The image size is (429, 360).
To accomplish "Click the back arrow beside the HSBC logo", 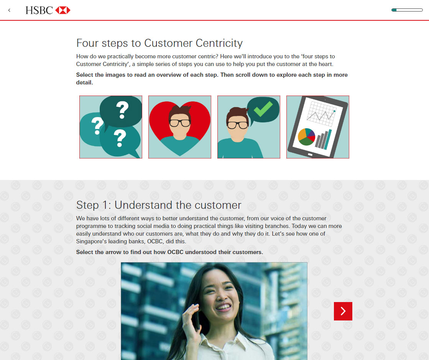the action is pos(9,10).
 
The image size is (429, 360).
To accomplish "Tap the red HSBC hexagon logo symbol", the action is pos(62,10).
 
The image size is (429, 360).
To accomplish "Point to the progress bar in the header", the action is pos(407,10).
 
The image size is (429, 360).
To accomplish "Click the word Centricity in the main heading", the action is pos(219,43).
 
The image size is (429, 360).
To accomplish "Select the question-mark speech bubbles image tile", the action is pos(111,127).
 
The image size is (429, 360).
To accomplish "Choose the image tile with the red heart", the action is pos(180,127).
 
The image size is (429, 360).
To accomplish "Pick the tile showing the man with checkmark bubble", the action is pos(249,127).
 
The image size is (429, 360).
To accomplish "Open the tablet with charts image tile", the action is pos(318,127).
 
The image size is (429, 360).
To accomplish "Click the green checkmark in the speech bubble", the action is pos(263,109).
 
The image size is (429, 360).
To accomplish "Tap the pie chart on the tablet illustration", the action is pos(306,137).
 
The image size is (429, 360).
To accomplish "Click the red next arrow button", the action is pos(343,311).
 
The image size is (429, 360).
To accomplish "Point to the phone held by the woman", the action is pos(196,318).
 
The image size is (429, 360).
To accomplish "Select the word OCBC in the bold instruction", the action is pos(175,252).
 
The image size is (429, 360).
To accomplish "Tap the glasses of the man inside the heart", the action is pos(180,123).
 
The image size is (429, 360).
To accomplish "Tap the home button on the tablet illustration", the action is pos(310,155).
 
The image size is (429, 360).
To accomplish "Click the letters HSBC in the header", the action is pos(39,10).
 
